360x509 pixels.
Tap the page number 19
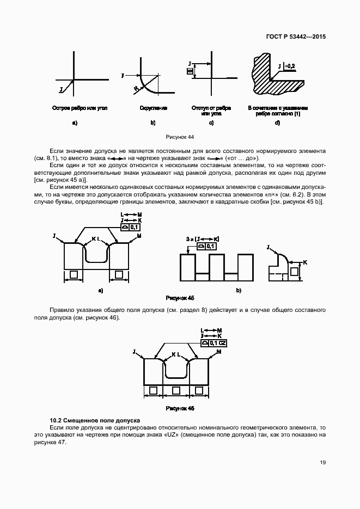322,463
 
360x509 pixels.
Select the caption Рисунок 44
179,138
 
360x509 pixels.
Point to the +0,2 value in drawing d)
289,66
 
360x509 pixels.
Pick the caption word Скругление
153,108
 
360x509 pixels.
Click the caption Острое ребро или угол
80,108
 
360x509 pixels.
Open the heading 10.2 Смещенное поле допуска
95,420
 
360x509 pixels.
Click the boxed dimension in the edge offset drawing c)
190,71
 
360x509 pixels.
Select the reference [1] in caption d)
297,113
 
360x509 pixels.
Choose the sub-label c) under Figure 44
211,123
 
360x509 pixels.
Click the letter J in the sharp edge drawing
62,87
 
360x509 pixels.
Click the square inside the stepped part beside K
295,271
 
